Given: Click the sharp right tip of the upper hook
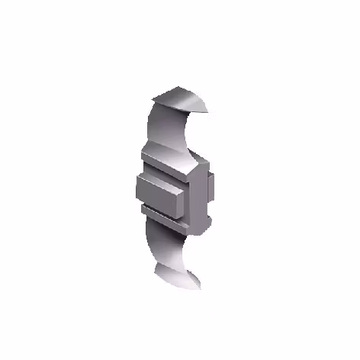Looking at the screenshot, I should click(210, 111).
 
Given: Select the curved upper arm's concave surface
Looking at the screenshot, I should click(172, 130).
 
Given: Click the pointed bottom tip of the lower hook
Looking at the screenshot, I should click(200, 288).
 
